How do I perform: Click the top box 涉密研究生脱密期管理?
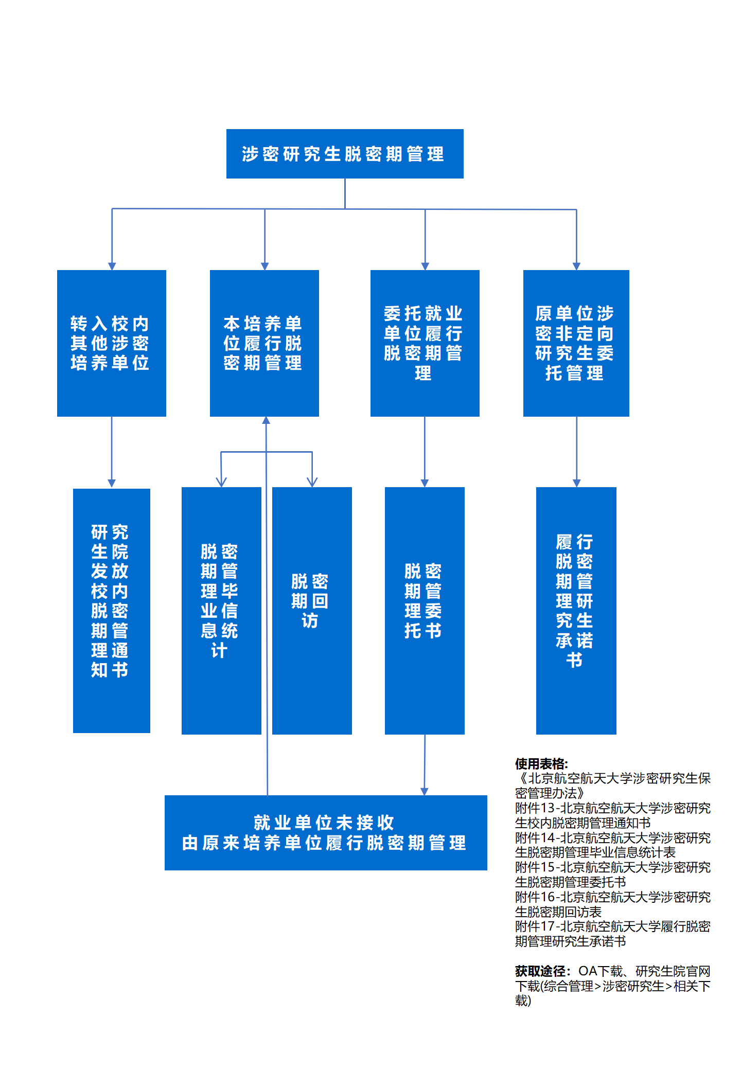345,154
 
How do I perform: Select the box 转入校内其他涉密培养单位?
111,343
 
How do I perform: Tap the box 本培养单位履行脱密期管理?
264,343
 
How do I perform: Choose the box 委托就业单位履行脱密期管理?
425,343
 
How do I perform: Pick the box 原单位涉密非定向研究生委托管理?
576,343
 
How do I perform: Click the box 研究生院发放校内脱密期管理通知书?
111,611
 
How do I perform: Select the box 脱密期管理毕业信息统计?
221,611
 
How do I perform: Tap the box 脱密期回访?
312,611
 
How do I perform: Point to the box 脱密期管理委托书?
425,611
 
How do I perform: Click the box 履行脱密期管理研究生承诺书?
576,611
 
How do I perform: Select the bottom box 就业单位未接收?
325,832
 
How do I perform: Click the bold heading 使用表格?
541,764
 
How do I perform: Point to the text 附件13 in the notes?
535,808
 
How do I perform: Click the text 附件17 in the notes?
535,926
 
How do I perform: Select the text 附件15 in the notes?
535,867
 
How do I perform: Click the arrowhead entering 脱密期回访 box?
312,483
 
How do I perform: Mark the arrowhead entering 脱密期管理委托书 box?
425,483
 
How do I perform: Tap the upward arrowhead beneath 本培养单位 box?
266,421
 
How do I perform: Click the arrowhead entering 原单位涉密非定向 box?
576,266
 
